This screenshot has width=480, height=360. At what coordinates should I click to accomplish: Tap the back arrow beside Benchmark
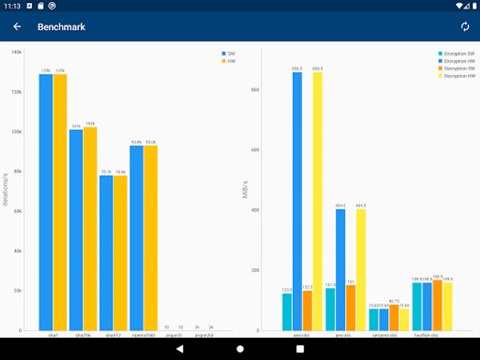[x=17, y=27]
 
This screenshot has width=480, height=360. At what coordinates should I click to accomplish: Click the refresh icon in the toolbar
[x=465, y=27]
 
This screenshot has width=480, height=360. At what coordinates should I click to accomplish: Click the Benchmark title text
[x=61, y=27]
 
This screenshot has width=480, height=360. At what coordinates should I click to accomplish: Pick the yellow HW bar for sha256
[x=90, y=228]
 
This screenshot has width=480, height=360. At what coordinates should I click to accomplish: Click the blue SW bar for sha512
[x=106, y=252]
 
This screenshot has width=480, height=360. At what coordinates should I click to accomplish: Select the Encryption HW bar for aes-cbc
[x=297, y=200]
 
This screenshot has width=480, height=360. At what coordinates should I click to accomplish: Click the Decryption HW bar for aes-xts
[x=361, y=268]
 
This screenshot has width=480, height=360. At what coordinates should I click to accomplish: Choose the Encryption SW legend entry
[x=456, y=54]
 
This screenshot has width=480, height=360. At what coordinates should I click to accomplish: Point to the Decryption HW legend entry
[x=456, y=76]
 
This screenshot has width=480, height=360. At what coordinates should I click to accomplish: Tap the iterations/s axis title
[x=6, y=190]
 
